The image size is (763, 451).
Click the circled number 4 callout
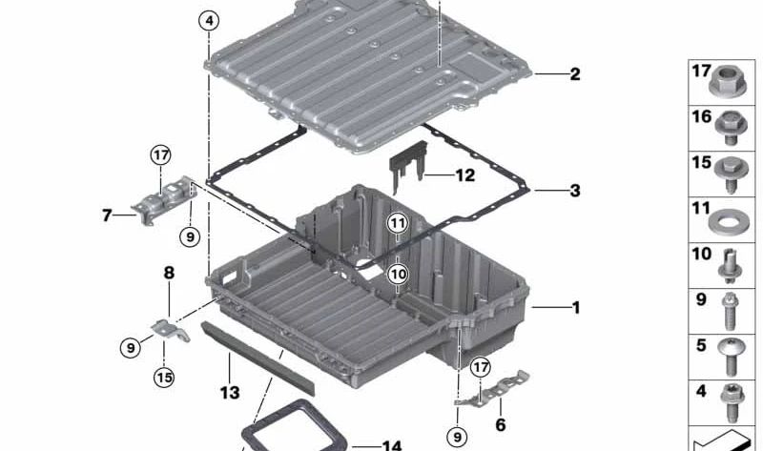pos(210,20)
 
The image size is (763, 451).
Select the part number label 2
pos(574,73)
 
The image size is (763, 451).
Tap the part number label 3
pos(574,191)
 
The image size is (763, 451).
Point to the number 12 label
pos(464,175)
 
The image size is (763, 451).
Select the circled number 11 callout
pos(398,223)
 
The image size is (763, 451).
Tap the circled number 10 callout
pos(398,274)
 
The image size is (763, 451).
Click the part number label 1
pos(574,308)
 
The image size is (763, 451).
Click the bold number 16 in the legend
pos(702,116)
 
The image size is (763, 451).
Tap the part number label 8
pos(168,273)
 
